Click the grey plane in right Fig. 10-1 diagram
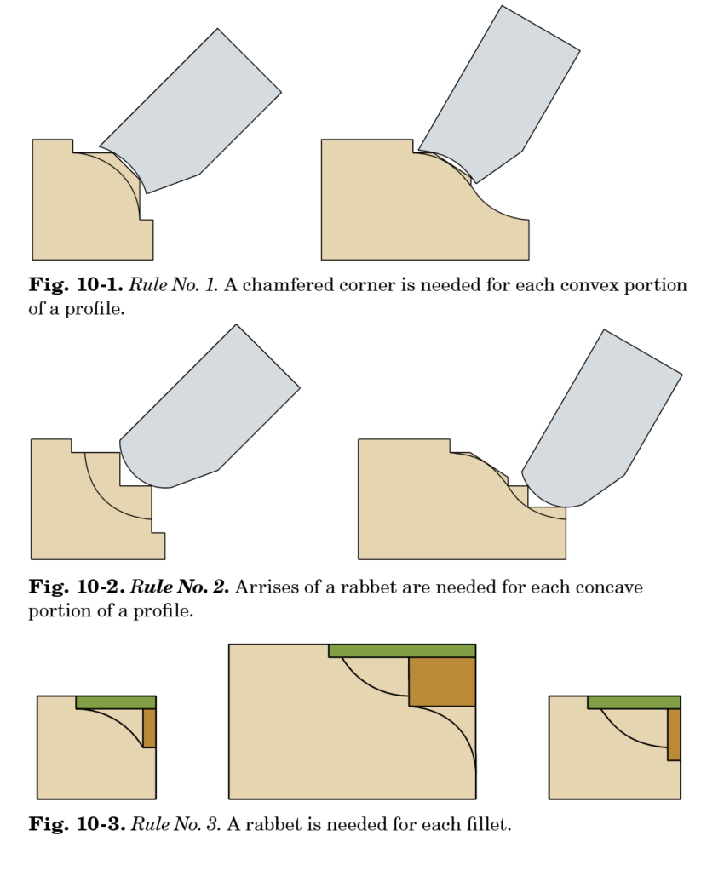(503, 94)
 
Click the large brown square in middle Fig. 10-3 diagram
(441, 682)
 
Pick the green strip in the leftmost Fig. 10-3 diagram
(116, 702)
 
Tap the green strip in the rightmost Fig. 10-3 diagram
(634, 702)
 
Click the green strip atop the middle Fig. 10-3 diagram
(401, 650)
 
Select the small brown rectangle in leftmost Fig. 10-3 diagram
(149, 728)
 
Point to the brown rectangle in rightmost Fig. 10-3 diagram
(674, 734)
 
